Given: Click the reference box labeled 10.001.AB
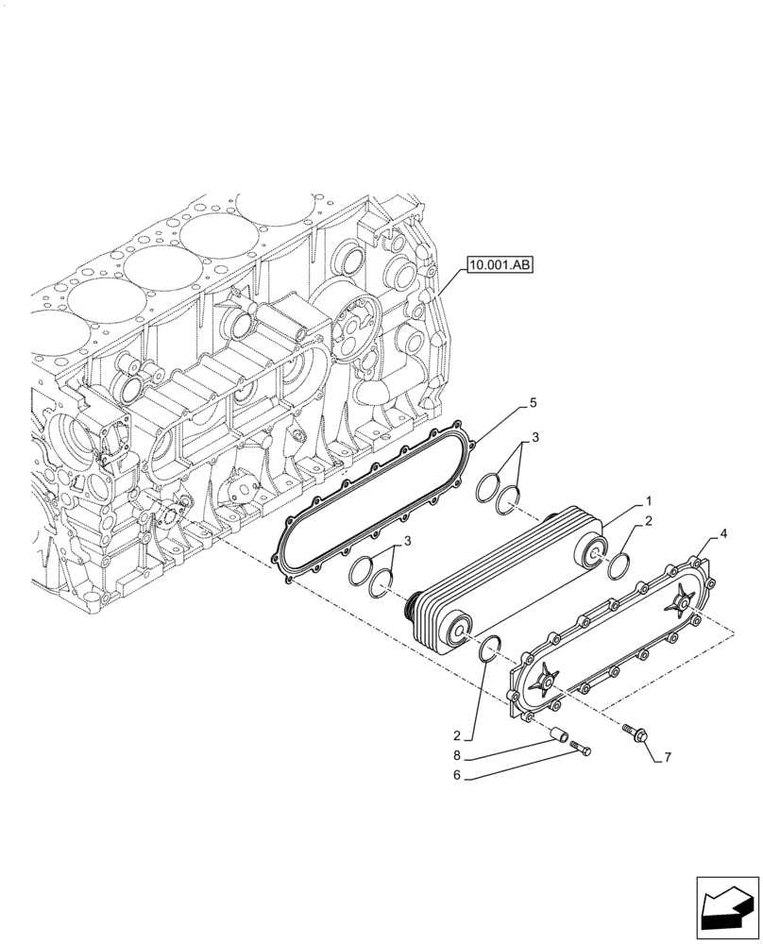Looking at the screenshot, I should click(500, 266).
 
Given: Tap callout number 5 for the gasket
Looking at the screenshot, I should click(534, 403).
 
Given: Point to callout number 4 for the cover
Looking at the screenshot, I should click(722, 534).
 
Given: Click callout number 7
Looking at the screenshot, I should click(670, 757).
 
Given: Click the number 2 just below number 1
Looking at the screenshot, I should click(649, 521).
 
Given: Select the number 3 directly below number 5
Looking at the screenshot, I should click(535, 437).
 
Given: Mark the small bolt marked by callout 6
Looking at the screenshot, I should click(583, 749).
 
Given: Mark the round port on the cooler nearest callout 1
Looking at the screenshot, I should click(596, 549).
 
